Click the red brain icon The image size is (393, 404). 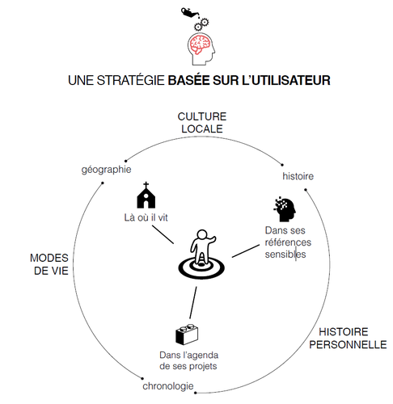click(x=199, y=44)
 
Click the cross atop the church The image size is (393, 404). click(x=146, y=185)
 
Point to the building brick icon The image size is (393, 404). click(x=187, y=335)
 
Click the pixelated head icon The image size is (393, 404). click(x=285, y=209)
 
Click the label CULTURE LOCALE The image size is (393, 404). click(x=202, y=123)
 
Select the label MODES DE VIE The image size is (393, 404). click(x=49, y=264)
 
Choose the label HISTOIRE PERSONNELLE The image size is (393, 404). click(x=348, y=338)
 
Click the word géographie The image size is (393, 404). click(x=106, y=170)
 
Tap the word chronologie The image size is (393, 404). click(x=168, y=386)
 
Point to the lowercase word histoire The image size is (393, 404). click(x=298, y=176)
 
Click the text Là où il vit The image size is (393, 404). click(x=146, y=217)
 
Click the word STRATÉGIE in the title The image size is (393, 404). click(x=130, y=81)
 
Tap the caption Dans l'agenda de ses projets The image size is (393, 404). click(x=188, y=360)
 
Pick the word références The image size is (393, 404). click(x=288, y=242)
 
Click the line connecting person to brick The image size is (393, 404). click(x=193, y=303)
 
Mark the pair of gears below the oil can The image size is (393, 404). click(x=201, y=24)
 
